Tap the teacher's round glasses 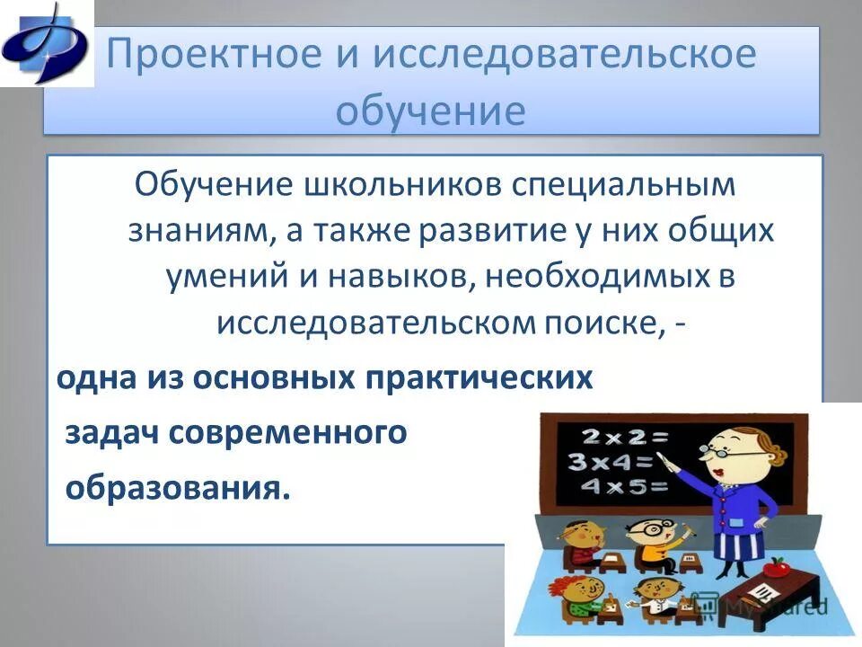[x=726, y=455]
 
